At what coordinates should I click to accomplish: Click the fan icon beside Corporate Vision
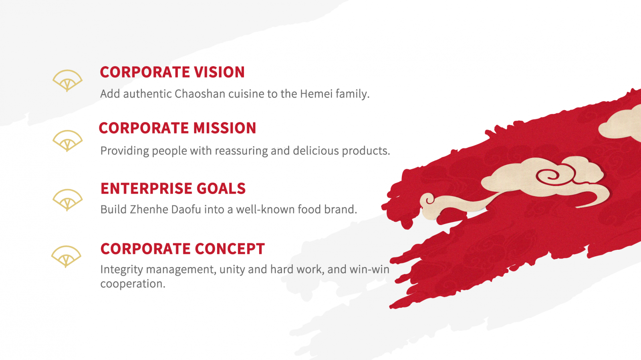pos(68,81)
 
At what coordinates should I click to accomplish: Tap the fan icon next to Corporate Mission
pos(68,141)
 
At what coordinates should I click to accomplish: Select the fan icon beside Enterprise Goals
pos(68,200)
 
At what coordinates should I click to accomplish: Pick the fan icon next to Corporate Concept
pos(66,256)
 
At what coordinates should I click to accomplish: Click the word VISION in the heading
pos(219,72)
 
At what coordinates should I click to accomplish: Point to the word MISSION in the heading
pos(225,128)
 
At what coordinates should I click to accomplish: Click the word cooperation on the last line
pos(133,284)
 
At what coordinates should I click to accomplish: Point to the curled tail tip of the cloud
pos(428,200)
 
